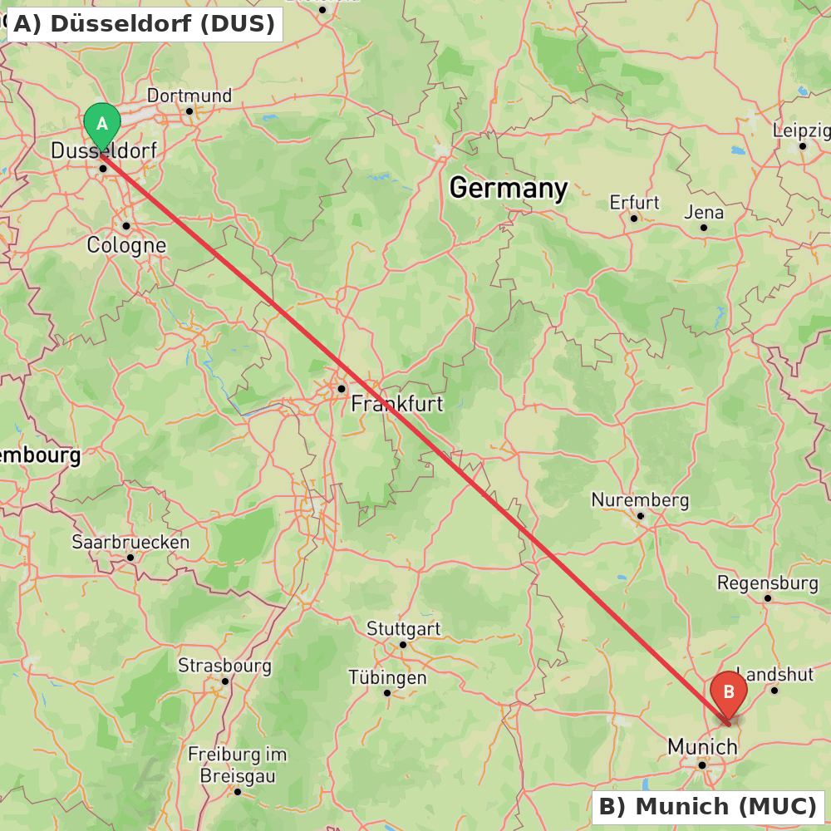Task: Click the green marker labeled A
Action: click(x=102, y=125)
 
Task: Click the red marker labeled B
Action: click(x=729, y=692)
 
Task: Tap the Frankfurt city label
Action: click(x=397, y=405)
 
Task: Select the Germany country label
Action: click(x=508, y=189)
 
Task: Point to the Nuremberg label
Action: click(x=640, y=500)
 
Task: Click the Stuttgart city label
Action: click(x=404, y=628)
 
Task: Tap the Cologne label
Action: click(x=126, y=246)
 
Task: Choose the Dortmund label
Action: click(x=189, y=96)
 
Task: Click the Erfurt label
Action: click(x=634, y=203)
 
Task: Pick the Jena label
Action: click(x=704, y=213)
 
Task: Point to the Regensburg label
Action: click(x=768, y=583)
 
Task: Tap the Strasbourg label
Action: click(x=224, y=666)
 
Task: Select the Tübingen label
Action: click(x=387, y=677)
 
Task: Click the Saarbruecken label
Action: click(x=130, y=543)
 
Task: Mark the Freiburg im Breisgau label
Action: click(x=237, y=765)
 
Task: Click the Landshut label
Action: click(x=775, y=674)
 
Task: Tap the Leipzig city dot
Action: click(x=803, y=146)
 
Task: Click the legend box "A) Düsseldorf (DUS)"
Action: click(x=142, y=24)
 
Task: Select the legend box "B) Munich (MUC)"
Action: click(x=707, y=807)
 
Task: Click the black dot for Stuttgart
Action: click(x=403, y=644)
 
